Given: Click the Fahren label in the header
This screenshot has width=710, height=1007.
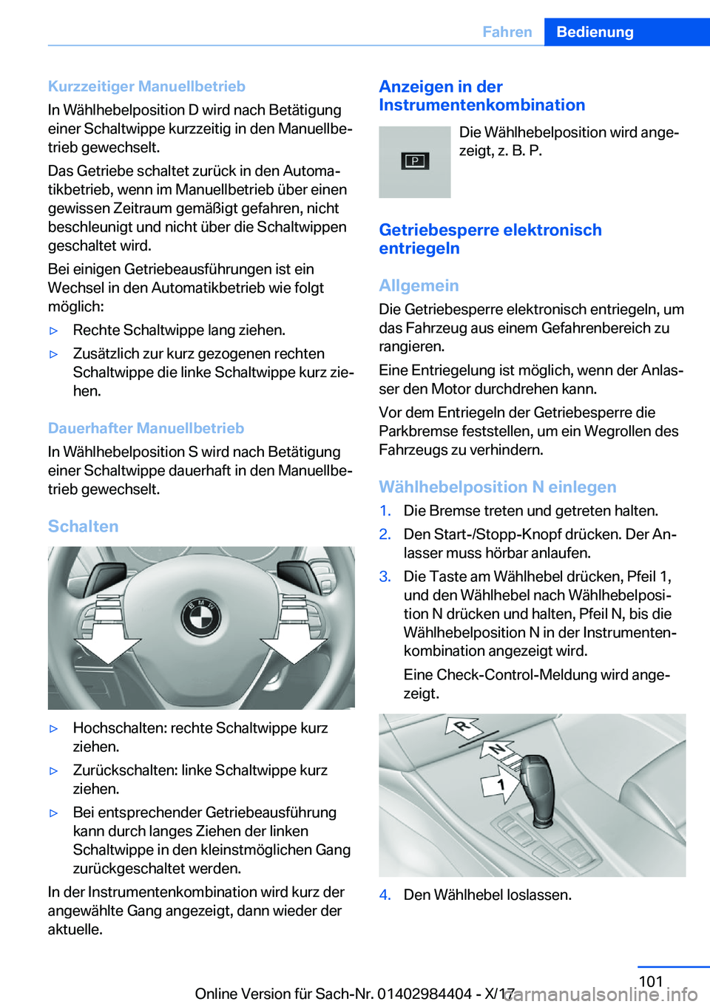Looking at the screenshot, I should click(507, 32).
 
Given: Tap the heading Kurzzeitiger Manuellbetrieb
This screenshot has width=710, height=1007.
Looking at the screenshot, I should click(146, 87).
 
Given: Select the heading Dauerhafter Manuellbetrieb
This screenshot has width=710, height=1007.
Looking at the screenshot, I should click(146, 428).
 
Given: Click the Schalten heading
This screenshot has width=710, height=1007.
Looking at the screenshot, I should click(83, 526).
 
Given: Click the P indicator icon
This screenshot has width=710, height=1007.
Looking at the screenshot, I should click(415, 161).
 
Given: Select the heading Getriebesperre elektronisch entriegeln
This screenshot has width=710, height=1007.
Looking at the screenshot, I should click(490, 239).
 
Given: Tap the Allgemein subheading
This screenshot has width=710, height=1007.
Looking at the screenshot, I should click(419, 285).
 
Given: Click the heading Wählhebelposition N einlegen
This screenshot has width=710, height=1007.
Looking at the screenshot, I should click(497, 486).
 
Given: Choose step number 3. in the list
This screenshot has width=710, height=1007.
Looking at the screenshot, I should click(385, 577).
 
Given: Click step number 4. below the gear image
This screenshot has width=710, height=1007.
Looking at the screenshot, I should click(385, 895).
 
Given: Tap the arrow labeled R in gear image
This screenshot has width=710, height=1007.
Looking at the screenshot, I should click(463, 728).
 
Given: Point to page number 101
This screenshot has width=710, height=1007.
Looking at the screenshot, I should click(651, 981).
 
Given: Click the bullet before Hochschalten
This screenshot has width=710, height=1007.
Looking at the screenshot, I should click(53, 729).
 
